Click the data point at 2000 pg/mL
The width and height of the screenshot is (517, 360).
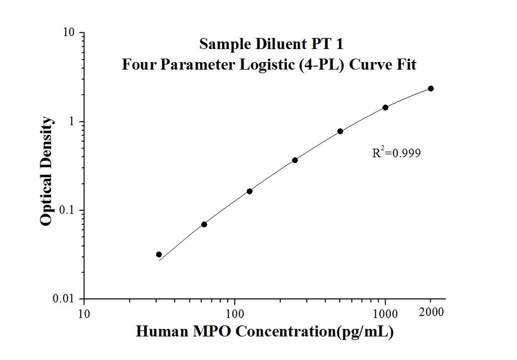[x=431, y=88]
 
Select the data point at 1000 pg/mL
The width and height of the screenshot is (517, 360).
[x=385, y=107]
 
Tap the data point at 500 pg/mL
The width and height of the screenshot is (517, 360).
[x=340, y=131]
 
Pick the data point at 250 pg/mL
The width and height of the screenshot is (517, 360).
[x=295, y=160]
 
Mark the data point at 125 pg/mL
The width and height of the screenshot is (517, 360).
[x=249, y=191]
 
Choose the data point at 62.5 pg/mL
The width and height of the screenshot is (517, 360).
[x=204, y=224]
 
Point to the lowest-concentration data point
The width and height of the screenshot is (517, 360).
[x=159, y=254]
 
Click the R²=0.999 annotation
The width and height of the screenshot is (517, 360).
[x=396, y=152]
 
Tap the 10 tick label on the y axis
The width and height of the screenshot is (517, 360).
[x=70, y=33]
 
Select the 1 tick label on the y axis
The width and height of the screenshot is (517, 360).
[x=73, y=122]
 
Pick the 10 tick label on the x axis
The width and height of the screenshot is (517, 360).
[x=84, y=313]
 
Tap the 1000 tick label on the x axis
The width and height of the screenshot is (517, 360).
[x=386, y=313]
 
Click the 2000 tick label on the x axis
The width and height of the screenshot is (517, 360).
[x=432, y=312]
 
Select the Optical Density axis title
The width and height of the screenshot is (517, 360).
[x=46, y=171]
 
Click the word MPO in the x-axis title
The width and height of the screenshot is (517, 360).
[x=214, y=332]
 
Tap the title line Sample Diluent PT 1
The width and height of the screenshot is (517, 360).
[x=272, y=44]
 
